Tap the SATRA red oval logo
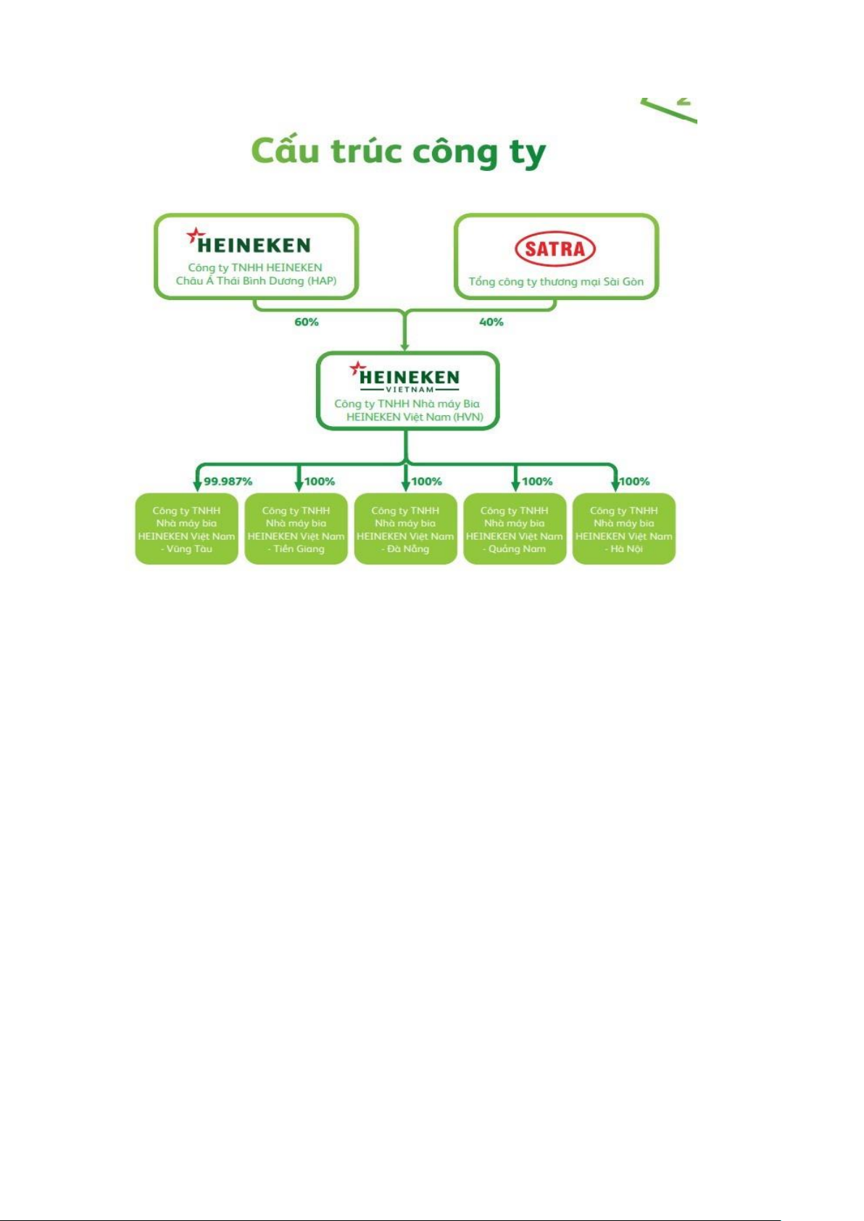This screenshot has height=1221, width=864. [x=555, y=249]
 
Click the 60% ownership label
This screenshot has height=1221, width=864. [x=307, y=322]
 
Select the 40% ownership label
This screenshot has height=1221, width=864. [x=491, y=322]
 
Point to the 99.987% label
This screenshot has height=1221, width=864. [x=228, y=481]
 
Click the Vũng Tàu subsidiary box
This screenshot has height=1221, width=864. [x=186, y=529]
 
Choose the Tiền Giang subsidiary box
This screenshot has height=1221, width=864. [x=296, y=529]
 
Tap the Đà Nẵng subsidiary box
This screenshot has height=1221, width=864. [x=406, y=529]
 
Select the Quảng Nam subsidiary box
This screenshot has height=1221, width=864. [x=515, y=529]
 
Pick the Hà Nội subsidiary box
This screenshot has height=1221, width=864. [x=624, y=529]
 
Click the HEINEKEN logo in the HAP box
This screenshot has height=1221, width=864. [x=249, y=241]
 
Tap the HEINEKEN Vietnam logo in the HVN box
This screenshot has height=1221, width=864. [x=404, y=376]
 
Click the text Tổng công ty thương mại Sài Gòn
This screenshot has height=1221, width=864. [x=556, y=282]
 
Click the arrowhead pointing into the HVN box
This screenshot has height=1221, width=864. [x=404, y=346]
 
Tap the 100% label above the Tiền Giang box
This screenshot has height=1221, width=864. [x=320, y=481]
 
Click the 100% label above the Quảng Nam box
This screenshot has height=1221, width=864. [x=538, y=481]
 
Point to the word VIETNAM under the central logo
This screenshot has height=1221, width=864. [x=410, y=390]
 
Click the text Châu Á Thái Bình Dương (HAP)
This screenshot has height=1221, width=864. [x=256, y=281]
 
